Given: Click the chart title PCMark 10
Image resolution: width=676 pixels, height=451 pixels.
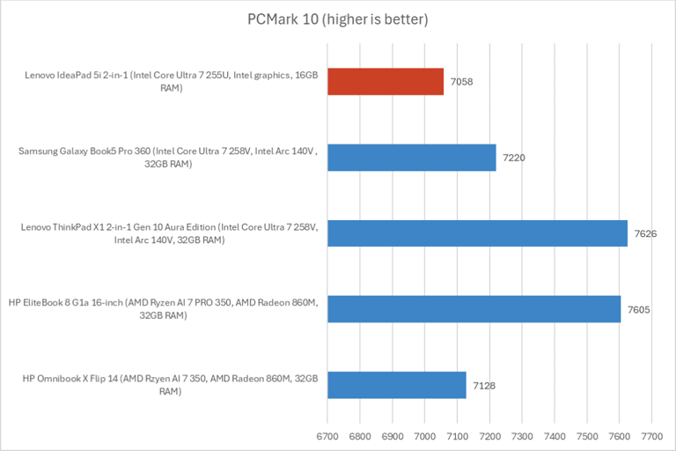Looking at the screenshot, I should pos(337,18).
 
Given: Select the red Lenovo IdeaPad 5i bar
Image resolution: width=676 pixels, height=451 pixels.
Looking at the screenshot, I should pos(386,82).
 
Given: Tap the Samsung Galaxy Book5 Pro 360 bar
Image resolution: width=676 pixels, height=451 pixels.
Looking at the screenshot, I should pos(411,158).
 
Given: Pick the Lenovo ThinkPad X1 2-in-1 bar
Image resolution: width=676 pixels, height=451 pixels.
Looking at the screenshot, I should pos(477,233).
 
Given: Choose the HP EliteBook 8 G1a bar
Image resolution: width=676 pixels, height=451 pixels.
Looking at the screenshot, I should pos(474,309).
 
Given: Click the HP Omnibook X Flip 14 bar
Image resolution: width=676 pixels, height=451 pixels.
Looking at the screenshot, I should pos(396,385).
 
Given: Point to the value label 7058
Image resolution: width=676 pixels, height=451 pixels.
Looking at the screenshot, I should pos(462,83).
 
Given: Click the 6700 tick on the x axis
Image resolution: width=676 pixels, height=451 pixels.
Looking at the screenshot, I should pos(327,435).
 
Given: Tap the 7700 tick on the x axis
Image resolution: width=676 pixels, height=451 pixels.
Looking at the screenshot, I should pos(651,435).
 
